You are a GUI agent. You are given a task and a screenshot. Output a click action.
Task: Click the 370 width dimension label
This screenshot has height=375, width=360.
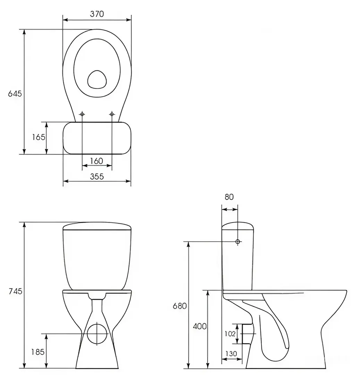click(97, 14)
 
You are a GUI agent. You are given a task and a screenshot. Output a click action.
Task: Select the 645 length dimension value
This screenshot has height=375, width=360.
click(15, 94)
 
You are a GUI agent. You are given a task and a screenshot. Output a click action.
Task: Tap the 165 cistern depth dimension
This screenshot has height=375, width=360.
click(39, 137)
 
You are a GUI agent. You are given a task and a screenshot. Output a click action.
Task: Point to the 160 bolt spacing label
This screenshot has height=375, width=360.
click(97, 161)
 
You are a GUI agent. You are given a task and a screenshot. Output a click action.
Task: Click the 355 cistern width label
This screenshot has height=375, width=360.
click(97, 176)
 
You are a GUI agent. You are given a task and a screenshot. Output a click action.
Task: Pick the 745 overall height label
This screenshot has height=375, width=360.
click(15, 291)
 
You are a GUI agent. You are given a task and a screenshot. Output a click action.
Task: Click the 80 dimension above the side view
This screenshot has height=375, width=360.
click(229, 197)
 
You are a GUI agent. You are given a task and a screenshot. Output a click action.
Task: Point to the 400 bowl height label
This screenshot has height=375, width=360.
click(200, 326)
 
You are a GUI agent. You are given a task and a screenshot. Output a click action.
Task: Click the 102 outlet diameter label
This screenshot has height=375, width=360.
click(230, 334)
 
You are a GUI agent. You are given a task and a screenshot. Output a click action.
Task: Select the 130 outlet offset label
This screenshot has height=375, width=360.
click(231, 353)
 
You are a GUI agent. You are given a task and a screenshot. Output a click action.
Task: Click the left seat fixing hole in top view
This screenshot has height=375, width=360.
click(82, 114)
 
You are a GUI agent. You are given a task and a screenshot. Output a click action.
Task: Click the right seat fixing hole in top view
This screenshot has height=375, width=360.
click(112, 114)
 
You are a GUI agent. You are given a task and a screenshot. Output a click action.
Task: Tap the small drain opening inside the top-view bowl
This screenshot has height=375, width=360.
click(97, 80)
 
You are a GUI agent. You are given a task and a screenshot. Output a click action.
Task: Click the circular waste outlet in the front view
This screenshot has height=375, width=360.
click(97, 334)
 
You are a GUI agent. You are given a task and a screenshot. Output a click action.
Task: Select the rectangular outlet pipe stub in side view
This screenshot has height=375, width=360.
click(246, 334)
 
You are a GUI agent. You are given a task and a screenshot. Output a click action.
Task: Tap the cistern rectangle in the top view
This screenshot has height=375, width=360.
click(97, 138)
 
